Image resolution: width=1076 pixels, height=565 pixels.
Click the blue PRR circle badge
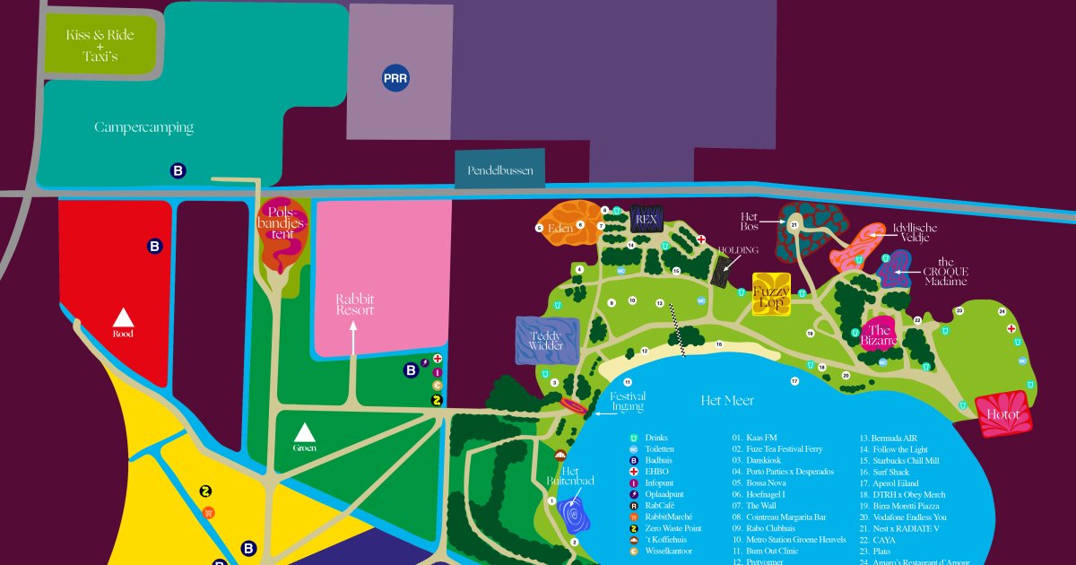pyautogui.click(x=395, y=78)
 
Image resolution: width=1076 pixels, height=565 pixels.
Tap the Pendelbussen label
pyautogui.click(x=499, y=169)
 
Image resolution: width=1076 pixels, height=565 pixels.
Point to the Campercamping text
pyautogui.click(x=143, y=127)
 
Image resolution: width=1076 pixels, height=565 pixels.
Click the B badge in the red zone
pyautogui.click(x=155, y=246)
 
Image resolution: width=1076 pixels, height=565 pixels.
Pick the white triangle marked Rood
pyautogui.click(x=123, y=317)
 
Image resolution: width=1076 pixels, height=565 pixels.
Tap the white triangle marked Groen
pyautogui.click(x=306, y=431)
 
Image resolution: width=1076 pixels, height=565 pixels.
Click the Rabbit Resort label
pyautogui.click(x=354, y=304)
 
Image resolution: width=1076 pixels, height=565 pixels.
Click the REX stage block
pyautogui.click(x=646, y=218)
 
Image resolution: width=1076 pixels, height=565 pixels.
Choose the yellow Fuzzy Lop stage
pyautogui.click(x=771, y=293)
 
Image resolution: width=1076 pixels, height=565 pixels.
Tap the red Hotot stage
pyautogui.click(x=1003, y=415)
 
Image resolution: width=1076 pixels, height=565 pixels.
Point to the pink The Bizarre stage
pyautogui.click(x=880, y=335)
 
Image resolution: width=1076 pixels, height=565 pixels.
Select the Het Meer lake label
pyautogui.click(x=727, y=401)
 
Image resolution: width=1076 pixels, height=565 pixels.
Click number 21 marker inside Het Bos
pyautogui.click(x=794, y=223)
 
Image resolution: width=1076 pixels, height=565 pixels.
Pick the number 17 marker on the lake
pyautogui.click(x=794, y=381)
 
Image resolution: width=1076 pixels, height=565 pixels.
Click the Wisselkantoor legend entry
pyautogui.click(x=669, y=552)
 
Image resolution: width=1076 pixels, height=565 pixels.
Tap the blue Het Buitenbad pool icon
pyautogui.click(x=574, y=517)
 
